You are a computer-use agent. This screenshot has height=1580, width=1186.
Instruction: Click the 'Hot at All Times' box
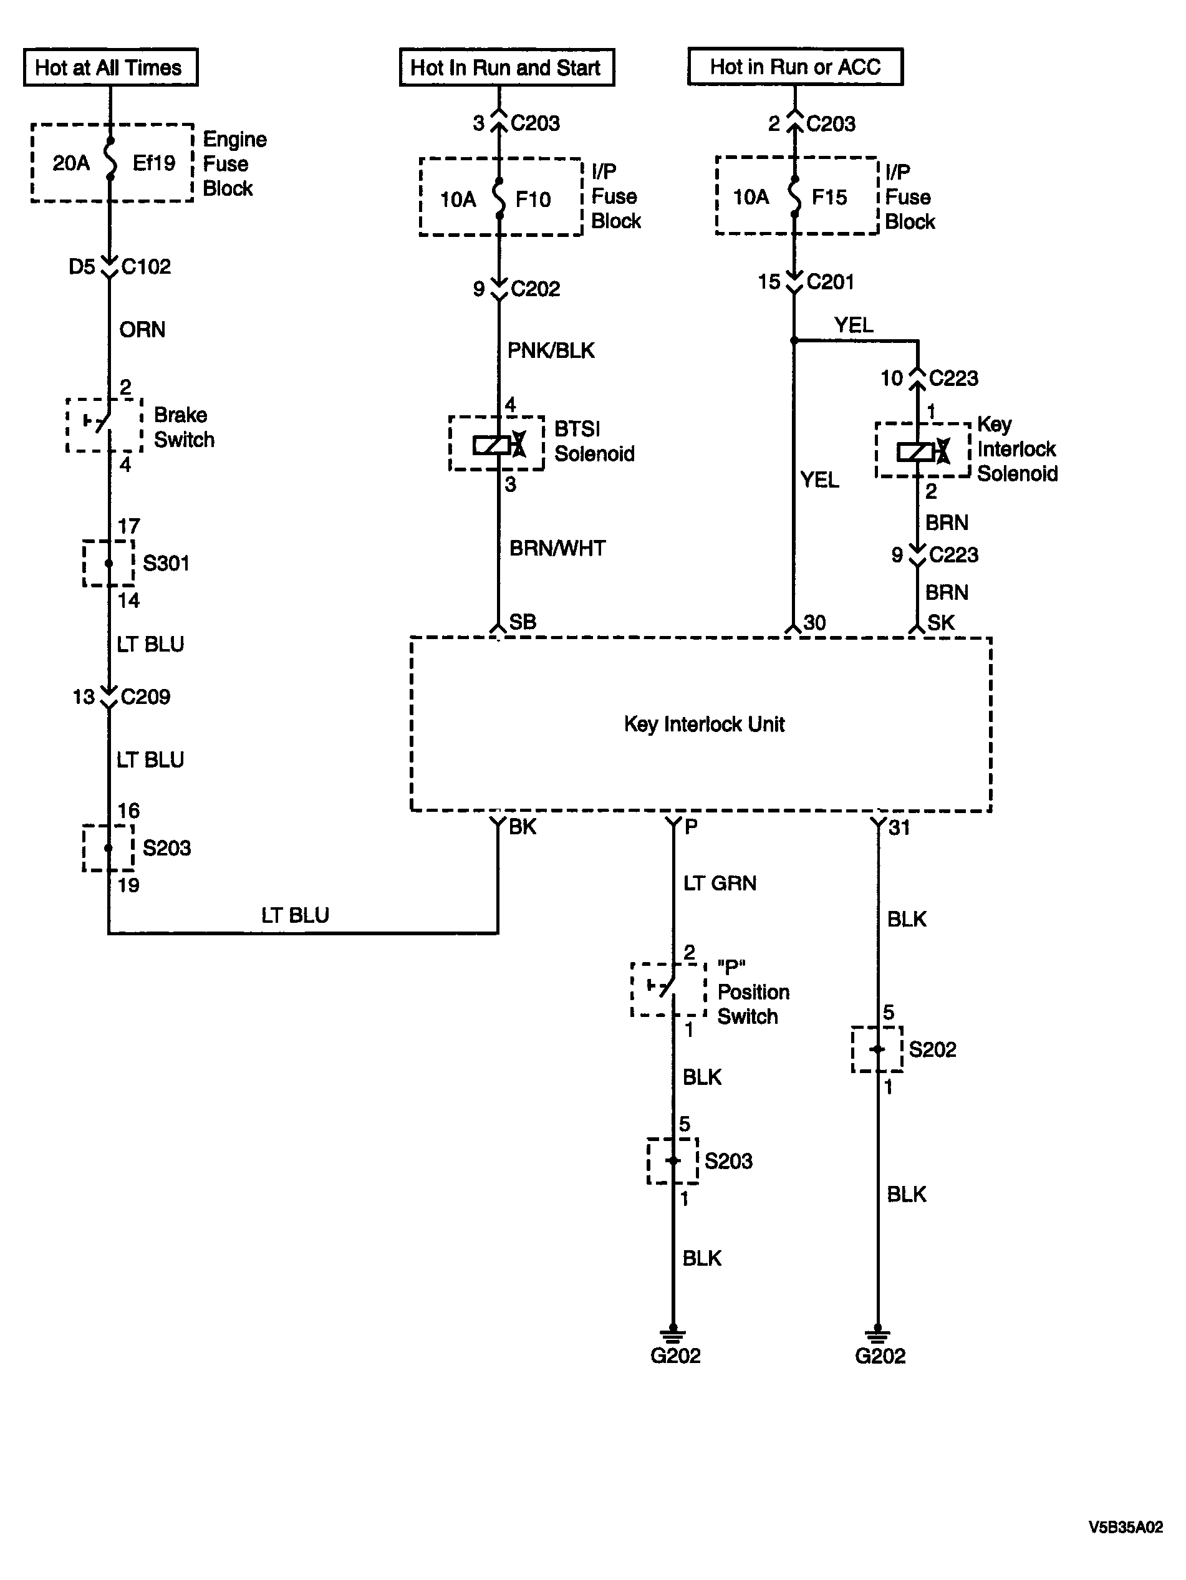[111, 67]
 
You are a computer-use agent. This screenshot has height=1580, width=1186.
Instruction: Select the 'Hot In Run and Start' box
[506, 67]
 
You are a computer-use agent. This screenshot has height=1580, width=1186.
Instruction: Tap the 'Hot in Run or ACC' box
[795, 67]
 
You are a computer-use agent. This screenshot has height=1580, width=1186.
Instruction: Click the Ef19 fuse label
[153, 163]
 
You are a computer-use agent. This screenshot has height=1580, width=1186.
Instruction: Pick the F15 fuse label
[829, 197]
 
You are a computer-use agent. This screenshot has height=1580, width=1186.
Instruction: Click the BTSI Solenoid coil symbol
[499, 445]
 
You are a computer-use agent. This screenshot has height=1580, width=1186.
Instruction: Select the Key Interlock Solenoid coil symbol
[923, 451]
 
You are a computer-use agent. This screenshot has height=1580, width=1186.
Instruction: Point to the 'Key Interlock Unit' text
[705, 725]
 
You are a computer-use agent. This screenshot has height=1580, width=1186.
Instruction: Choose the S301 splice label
[166, 563]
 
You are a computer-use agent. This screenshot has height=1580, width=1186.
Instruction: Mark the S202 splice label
[932, 1049]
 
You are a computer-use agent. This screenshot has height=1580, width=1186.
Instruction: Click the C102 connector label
[146, 266]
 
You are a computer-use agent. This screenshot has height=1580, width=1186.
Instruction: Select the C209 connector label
[146, 696]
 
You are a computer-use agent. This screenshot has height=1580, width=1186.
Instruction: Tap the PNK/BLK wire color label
[551, 350]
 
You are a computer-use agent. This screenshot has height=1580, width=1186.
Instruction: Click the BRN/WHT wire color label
[557, 548]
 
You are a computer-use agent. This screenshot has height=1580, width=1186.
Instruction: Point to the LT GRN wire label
[720, 883]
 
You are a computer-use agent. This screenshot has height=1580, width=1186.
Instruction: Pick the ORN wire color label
[142, 329]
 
